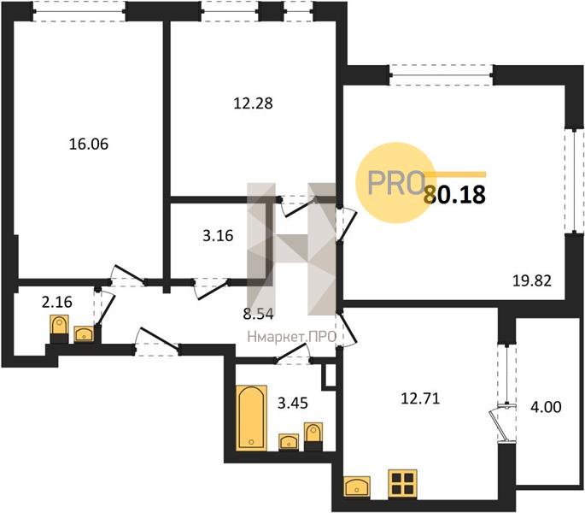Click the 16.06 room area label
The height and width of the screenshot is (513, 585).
click(89, 144)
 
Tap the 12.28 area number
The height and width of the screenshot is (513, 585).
click(254, 103)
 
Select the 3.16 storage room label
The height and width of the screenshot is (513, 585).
click(218, 236)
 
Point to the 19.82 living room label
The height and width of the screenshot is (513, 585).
click(532, 280)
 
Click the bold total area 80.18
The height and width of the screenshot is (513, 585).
click(455, 194)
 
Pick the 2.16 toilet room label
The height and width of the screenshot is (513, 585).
click(57, 302)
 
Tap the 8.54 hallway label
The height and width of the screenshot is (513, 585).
click(258, 315)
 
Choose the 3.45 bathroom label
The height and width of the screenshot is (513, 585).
click(293, 403)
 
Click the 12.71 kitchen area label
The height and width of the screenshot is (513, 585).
click(420, 398)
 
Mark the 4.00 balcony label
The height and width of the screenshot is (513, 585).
click(546, 407)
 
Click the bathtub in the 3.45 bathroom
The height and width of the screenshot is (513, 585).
click(251, 418)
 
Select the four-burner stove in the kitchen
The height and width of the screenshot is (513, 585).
click(402, 483)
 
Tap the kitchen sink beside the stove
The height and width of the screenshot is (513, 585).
click(357, 486)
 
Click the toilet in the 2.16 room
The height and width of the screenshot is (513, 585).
click(59, 329)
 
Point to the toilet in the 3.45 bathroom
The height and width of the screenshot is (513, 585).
click(313, 436)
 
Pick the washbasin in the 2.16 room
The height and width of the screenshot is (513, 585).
click(85, 334)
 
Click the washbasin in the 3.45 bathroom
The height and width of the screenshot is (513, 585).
click(289, 442)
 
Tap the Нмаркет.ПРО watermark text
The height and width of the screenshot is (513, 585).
click(292, 337)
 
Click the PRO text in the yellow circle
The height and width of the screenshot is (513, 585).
click(395, 183)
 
